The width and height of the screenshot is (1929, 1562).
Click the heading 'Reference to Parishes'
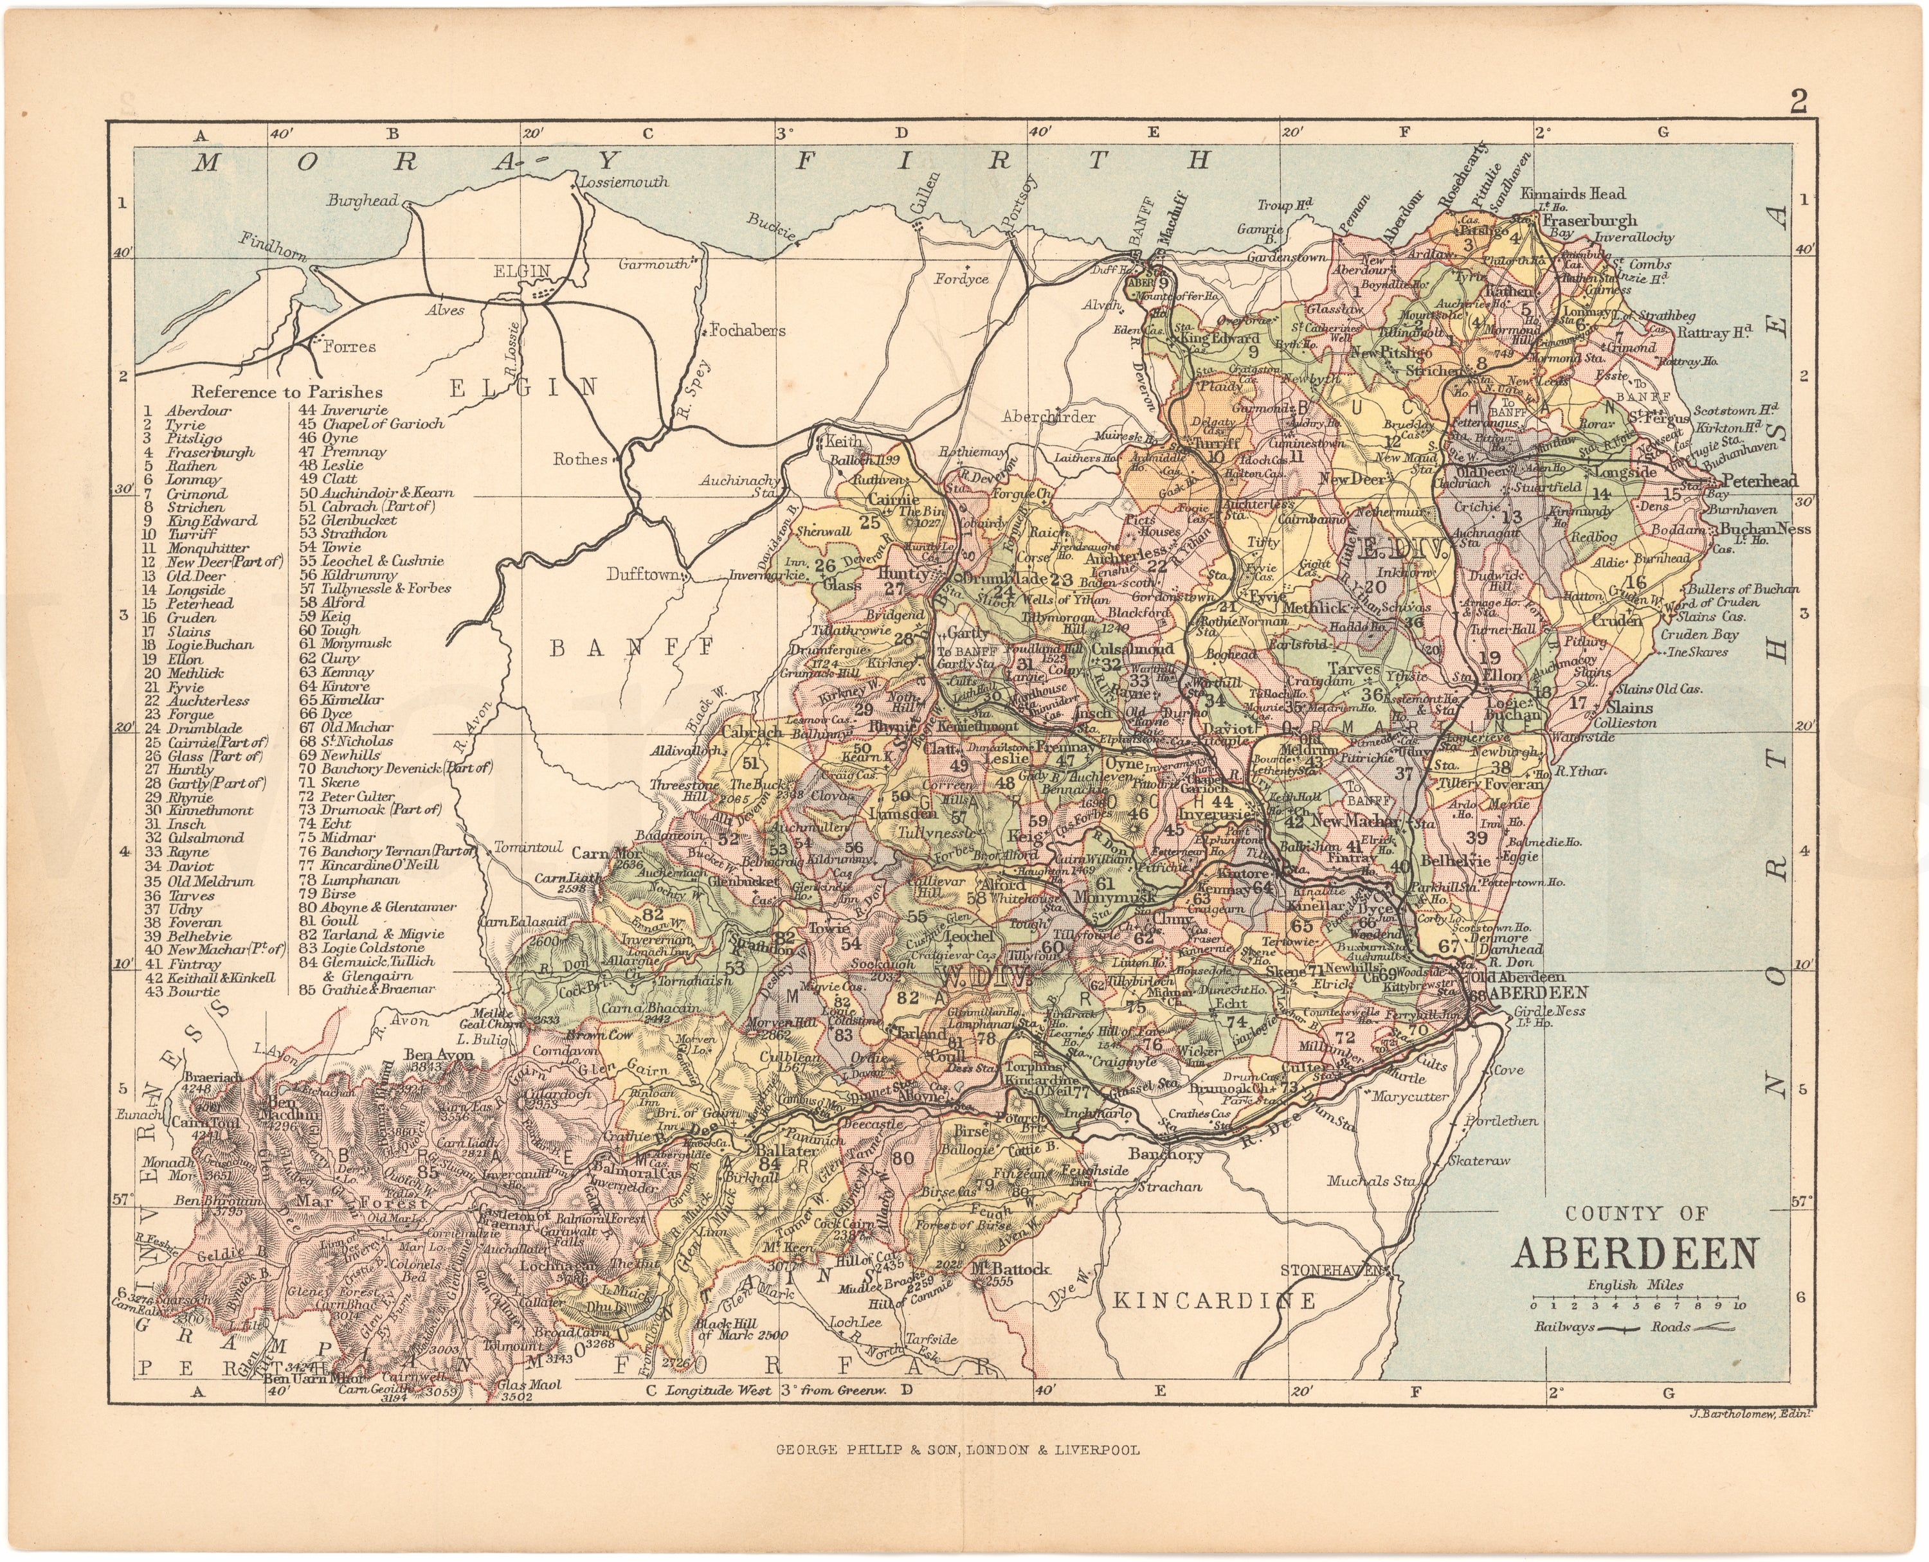pos(286,391)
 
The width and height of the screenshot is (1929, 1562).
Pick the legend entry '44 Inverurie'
pos(345,410)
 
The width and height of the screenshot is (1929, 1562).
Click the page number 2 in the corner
pos(1798,102)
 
